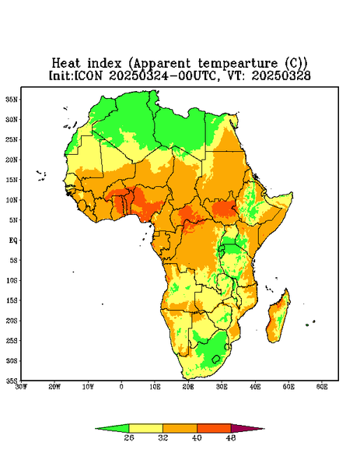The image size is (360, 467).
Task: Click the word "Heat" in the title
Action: (66, 64)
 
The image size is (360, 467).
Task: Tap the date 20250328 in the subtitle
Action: (281, 75)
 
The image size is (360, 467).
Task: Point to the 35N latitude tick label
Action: (12, 100)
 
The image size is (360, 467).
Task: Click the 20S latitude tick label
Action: (12, 321)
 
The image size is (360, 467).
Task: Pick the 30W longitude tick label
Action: (21, 387)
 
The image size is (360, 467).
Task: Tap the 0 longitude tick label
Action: (121, 387)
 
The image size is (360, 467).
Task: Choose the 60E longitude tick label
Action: (322, 387)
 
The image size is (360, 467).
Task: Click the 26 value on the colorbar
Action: (129, 437)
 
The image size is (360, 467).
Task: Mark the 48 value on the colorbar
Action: (231, 437)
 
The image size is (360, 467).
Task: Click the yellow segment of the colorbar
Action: (145, 428)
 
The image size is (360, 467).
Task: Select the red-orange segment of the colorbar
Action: (214, 428)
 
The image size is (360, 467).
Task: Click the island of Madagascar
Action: (278, 318)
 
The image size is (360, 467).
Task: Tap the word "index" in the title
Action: (104, 64)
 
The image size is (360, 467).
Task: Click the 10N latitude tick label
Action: (12, 200)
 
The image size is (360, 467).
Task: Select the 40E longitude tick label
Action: (255, 387)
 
